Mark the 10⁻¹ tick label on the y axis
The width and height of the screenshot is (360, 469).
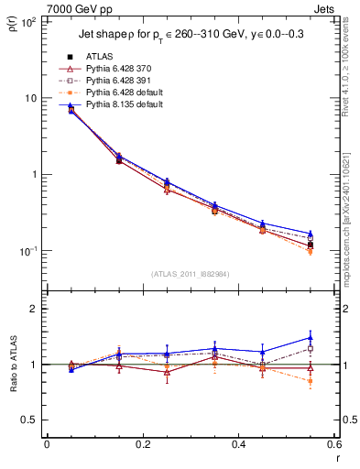(x=27, y=251)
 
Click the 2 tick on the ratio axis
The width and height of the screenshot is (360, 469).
(x=34, y=309)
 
